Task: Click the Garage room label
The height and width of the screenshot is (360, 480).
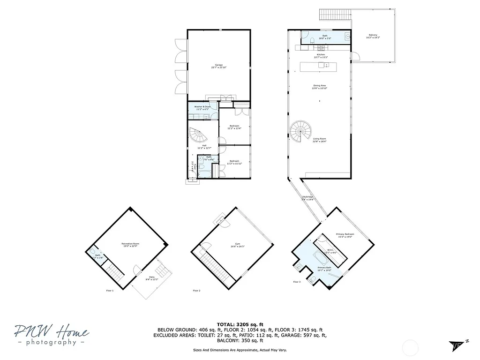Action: pyautogui.click(x=218, y=66)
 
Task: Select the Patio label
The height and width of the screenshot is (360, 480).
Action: pyautogui.click(x=152, y=277)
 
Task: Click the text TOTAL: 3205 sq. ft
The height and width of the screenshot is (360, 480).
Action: pyautogui.click(x=240, y=324)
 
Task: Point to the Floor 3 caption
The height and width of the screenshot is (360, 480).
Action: pyautogui.click(x=297, y=282)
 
